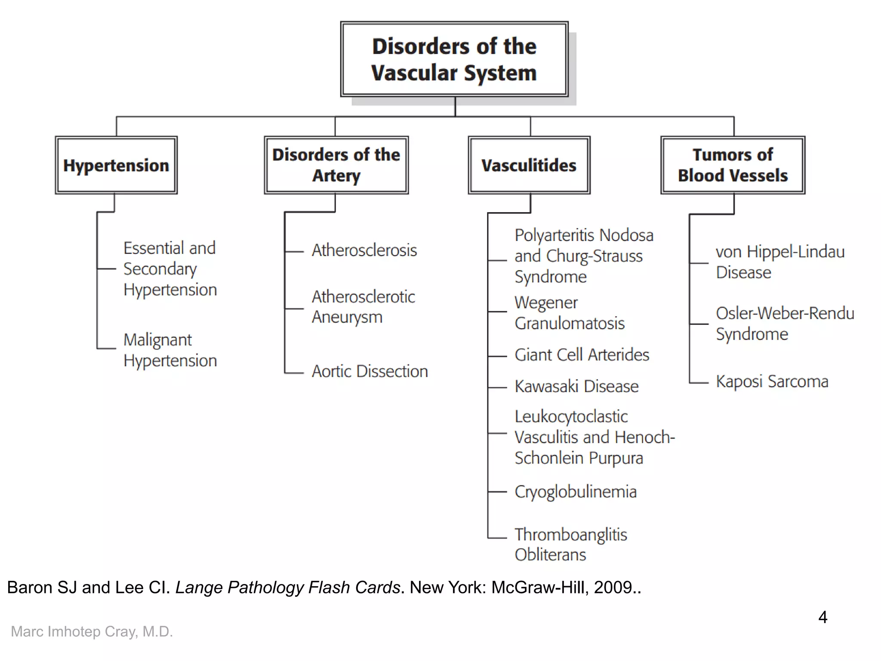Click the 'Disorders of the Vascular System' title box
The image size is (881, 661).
tap(454, 59)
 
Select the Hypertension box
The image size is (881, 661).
tap(116, 165)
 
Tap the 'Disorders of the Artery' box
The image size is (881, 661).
tap(336, 165)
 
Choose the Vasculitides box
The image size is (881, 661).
tap(529, 165)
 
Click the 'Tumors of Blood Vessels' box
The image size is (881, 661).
tap(733, 165)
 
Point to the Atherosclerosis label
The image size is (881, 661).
tap(364, 250)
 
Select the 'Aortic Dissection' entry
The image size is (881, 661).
tap(370, 371)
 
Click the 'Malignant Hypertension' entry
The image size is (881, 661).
tap(170, 350)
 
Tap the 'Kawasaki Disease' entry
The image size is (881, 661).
tap(576, 386)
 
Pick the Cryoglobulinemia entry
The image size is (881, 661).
tap(575, 491)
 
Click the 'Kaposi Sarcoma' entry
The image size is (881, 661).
tap(772, 382)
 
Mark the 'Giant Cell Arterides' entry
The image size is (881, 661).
tap(582, 355)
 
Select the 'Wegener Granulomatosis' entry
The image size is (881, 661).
tap(569, 313)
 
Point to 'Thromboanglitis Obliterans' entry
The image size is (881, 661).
tap(570, 544)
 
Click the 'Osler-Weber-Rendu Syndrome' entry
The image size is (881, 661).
tap(785, 324)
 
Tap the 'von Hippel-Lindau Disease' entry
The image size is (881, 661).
tap(780, 262)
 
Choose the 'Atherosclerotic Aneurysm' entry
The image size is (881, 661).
tap(363, 307)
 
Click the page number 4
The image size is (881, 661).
tap(822, 617)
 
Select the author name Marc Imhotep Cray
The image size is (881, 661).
tap(92, 631)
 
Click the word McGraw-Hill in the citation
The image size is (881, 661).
tap(539, 587)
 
